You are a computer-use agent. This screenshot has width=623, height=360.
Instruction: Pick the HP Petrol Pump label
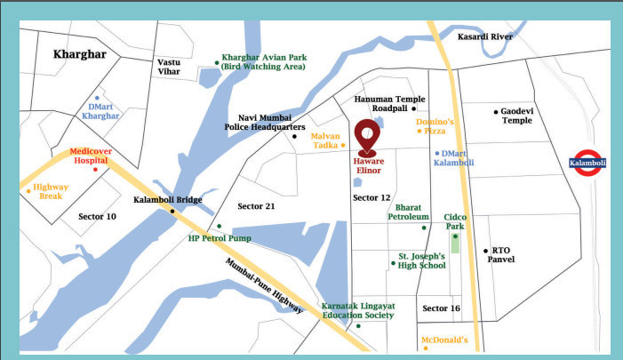220,238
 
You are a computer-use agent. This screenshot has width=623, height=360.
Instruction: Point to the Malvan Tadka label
324,140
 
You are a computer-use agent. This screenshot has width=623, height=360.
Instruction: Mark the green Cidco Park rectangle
456,243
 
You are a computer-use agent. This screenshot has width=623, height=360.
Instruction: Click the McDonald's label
443,340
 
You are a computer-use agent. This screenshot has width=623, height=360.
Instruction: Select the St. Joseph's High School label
421,260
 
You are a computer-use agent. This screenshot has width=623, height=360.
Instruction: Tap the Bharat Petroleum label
407,212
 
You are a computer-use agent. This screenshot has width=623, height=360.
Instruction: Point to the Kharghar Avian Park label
264,61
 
